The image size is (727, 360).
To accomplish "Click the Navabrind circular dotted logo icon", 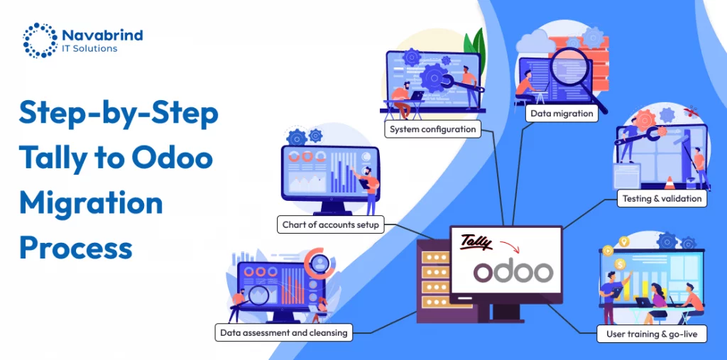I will pos(40,40).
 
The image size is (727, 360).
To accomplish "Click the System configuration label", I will pos(432,130).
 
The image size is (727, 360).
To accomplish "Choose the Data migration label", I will pos(562,113).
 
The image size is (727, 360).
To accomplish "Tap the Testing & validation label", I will pos(662,198).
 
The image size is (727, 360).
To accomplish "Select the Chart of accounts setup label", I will pos(331,225).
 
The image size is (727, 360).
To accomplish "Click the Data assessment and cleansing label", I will pos(284,332).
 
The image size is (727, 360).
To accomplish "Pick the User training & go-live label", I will pos(651,333).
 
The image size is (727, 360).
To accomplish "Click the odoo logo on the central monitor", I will pos(513,272).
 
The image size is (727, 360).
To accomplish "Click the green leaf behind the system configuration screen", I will pos(479,45).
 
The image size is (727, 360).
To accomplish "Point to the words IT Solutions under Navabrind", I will pos(90,48).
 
